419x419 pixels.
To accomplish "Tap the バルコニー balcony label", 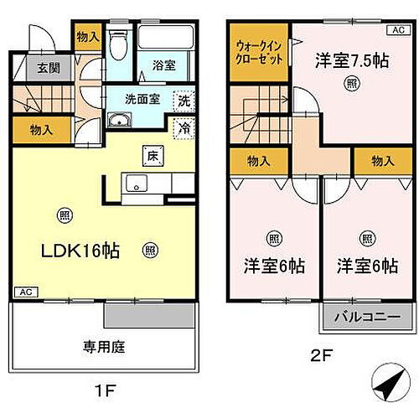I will [369, 318].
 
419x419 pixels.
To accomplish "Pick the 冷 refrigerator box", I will [183, 128].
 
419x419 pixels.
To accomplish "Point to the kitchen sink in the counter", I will [134, 183].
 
